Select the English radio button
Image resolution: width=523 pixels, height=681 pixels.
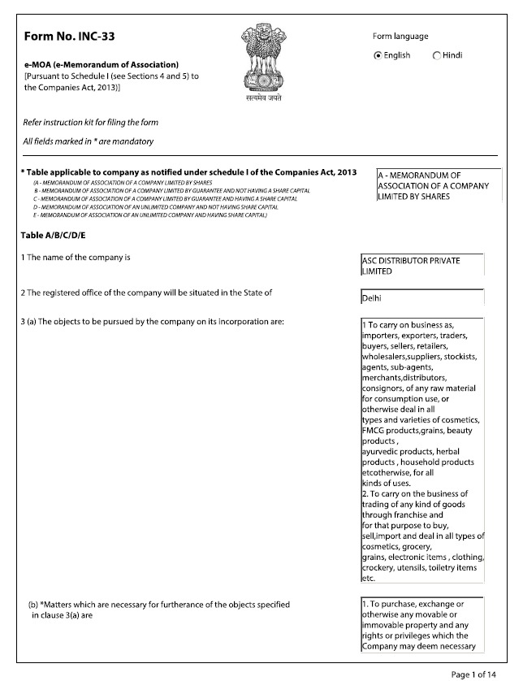(378, 55)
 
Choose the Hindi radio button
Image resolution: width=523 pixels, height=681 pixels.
(437, 55)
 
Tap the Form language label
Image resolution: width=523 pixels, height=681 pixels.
(400, 37)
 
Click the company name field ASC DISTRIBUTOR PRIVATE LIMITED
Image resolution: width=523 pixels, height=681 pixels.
(422, 266)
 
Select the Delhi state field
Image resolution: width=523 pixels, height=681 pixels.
(422, 298)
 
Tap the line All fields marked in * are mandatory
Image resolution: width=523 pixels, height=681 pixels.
(89, 142)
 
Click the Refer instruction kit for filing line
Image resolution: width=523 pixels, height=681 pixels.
(90, 123)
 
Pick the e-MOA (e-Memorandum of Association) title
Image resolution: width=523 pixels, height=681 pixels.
(102, 64)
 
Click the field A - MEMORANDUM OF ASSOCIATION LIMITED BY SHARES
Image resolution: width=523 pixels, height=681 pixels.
(434, 185)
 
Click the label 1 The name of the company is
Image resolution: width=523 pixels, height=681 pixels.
(76, 258)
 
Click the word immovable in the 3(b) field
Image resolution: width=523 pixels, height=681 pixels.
(385, 626)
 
